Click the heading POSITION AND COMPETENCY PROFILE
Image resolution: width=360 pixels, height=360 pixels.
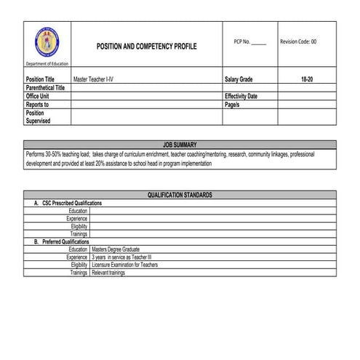pyautogui.click(x=146, y=46)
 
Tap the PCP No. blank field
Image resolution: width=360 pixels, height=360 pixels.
pyautogui.click(x=258, y=41)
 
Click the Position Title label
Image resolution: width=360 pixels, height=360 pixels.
pyautogui.click(x=40, y=79)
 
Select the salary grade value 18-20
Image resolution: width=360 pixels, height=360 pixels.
pyautogui.click(x=307, y=79)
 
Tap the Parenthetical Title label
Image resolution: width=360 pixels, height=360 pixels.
pyautogui.click(x=45, y=87)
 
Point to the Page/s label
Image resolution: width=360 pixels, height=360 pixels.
pyautogui.click(x=233, y=105)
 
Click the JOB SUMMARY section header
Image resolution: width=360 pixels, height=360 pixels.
pyautogui.click(x=180, y=145)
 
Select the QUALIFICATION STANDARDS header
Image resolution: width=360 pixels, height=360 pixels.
pyautogui.click(x=180, y=195)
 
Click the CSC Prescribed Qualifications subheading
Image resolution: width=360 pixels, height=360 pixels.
pyautogui.click(x=68, y=203)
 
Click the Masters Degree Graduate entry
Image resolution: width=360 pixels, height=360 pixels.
pyautogui.click(x=116, y=249)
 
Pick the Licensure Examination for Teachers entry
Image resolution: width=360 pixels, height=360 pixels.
pyautogui.click(x=125, y=265)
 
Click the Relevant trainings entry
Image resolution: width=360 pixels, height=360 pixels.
pyautogui.click(x=109, y=273)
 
